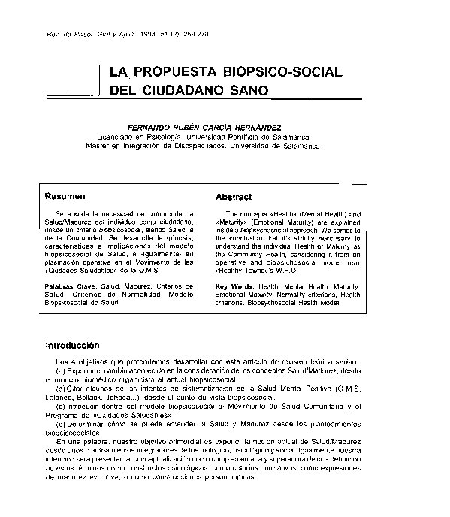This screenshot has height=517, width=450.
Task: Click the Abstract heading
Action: click(233, 197)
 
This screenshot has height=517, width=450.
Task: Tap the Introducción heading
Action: click(72, 346)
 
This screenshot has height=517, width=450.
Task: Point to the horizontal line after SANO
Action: click(314, 98)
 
